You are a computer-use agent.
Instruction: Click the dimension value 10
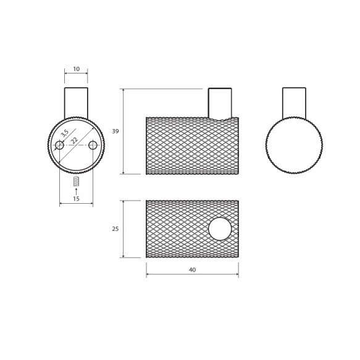point(76,69)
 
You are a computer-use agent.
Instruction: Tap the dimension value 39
point(115,132)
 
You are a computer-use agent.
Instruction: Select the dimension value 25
point(115,229)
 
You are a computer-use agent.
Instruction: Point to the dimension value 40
point(193,270)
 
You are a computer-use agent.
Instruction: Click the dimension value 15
point(76,199)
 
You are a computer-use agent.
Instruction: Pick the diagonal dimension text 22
point(74,140)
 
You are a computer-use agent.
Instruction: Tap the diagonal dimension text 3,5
point(64,133)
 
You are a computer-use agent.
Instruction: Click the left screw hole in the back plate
point(59,145)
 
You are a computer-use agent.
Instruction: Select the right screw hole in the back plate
point(93,145)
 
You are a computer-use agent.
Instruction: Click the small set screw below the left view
point(76,182)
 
